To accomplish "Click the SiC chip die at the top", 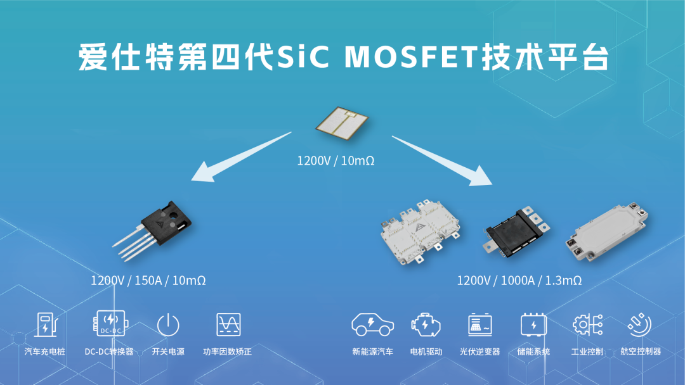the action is pos(342,123).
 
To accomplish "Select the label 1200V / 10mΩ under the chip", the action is pos(336,161).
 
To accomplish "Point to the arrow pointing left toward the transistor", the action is pos(241,156).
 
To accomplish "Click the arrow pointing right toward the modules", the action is pos(442,160).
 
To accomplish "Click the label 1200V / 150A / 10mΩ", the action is pos(148,281).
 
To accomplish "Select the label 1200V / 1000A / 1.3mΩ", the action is pos(519,281).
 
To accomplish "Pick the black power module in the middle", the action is pos(516,231).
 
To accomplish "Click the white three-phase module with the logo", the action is pos(420,232).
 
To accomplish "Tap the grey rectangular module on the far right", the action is pos(606,232).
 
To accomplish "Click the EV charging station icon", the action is pos(46,324).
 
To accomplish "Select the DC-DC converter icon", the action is pos(110,324).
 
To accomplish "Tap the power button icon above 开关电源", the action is pos(168,325).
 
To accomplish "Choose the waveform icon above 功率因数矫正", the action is pos(228,324).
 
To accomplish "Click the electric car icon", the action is pos(373,324).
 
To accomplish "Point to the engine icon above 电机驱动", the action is pos(426,325).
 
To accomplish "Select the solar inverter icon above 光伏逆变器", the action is pos(480,325).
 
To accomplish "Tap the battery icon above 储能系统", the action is pos(533,325).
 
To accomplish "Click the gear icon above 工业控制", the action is pos(587,325).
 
